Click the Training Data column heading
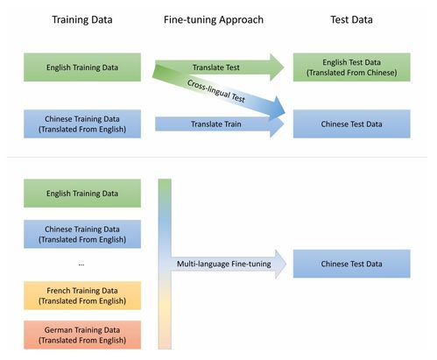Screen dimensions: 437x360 (x=82, y=19)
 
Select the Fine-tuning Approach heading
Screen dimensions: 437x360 (x=214, y=20)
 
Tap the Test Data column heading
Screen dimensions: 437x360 (x=351, y=19)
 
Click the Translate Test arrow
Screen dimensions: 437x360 (x=219, y=67)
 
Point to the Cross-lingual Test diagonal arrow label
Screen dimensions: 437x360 (x=216, y=91)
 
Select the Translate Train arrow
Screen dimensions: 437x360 (x=219, y=124)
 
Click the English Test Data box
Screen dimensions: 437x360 (x=351, y=67)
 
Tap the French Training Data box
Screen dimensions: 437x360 (x=82, y=295)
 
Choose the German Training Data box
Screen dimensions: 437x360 (x=82, y=335)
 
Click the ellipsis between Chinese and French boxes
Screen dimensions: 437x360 (x=81, y=265)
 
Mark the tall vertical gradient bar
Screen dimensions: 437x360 (x=165, y=264)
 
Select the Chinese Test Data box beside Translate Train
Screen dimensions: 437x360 (x=351, y=124)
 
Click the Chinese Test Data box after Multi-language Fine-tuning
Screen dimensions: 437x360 (x=351, y=264)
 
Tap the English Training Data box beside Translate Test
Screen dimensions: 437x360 (x=82, y=67)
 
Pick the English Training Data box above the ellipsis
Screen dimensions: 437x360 (x=82, y=194)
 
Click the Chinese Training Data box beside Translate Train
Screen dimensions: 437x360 (x=82, y=124)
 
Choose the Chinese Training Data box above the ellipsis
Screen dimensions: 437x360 (x=82, y=234)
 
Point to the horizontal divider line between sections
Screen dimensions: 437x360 (x=217, y=157)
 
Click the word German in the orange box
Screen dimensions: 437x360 (x=57, y=330)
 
